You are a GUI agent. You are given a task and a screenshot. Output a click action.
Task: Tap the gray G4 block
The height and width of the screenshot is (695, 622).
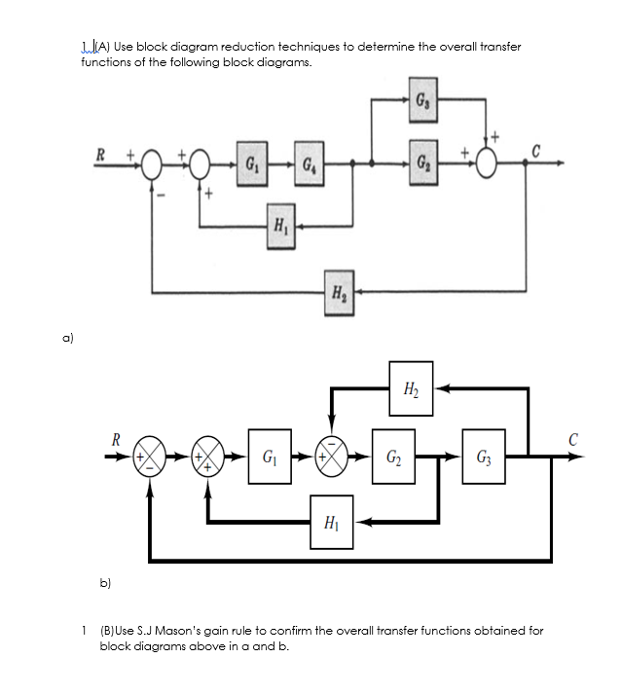(308, 161)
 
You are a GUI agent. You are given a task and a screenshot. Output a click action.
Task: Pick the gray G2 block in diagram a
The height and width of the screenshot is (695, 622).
(420, 160)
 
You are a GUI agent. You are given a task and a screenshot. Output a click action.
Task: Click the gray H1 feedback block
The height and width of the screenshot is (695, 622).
(279, 227)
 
